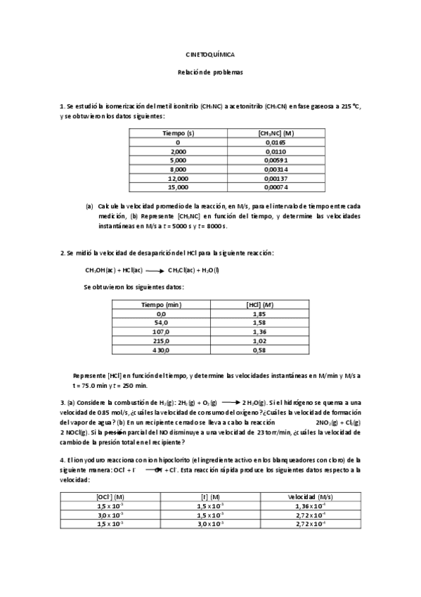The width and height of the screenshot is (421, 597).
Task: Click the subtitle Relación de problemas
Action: coord(209,72)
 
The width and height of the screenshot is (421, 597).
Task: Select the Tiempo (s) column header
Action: coord(179,133)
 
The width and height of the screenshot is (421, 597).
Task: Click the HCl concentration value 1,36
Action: coord(258,332)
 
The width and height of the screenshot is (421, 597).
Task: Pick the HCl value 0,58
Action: coord(258,350)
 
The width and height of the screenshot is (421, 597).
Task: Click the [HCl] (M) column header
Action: coord(258,304)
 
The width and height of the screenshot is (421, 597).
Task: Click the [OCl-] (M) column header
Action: coord(110,496)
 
